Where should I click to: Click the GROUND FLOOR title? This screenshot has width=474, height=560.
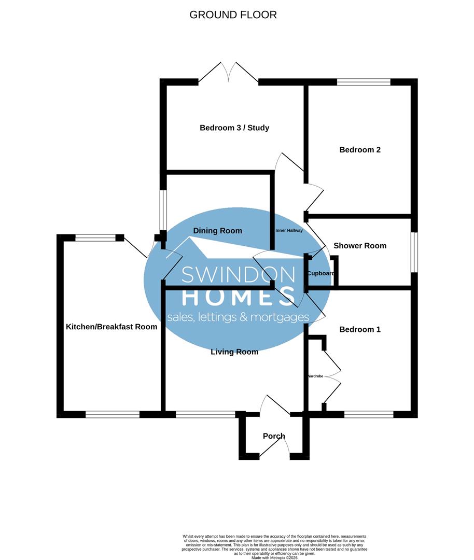coord(233,15)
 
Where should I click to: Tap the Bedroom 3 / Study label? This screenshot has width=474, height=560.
coord(234,128)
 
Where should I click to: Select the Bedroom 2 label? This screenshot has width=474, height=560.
coord(360,150)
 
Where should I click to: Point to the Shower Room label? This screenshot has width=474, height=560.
coord(360,246)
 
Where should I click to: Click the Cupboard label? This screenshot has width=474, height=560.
coord(320,273)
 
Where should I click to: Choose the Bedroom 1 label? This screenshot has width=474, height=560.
coord(360,329)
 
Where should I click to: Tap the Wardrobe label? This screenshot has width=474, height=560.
coord(315,375)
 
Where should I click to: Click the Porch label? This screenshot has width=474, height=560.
coord(274,436)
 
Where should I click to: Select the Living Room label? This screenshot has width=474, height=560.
coord(234,352)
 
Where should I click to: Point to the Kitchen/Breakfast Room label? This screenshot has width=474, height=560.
coord(111,327)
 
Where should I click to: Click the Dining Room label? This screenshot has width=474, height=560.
coord(217,231)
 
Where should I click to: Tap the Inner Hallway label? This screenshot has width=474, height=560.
coord(289,231)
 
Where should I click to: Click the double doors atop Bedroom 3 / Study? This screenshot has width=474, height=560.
coord(228,73)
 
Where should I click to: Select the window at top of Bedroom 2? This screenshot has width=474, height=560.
coord(364,82)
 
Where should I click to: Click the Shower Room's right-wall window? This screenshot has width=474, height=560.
coord(414,252)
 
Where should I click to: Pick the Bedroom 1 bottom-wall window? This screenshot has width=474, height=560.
coord(369,414)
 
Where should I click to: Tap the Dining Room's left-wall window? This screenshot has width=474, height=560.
coord(163,210)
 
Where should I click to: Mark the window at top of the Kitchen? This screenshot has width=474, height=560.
coord(95,238)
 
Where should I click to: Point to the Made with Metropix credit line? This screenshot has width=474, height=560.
coord(275,557)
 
